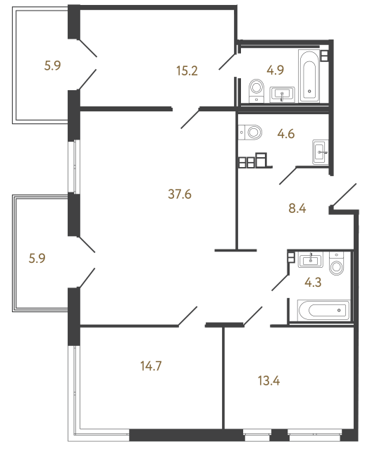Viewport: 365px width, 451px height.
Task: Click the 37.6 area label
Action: pyautogui.click(x=180, y=194)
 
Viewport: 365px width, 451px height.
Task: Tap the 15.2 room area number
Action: pyautogui.click(x=187, y=70)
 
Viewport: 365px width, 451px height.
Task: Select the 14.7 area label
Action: pyautogui.click(x=151, y=366)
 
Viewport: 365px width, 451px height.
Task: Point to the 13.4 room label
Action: pyautogui.click(x=269, y=381)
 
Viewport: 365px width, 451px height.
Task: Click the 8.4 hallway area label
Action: pyautogui.click(x=297, y=209)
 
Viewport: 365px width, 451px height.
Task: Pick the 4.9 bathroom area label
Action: pyautogui.click(x=276, y=70)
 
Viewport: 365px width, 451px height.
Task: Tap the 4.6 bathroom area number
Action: pyautogui.click(x=286, y=134)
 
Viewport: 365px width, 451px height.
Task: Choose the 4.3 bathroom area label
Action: pyautogui.click(x=313, y=282)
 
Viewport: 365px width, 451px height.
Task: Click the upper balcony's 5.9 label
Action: pyautogui.click(x=53, y=66)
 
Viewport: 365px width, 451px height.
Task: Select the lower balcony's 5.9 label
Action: pyautogui.click(x=37, y=259)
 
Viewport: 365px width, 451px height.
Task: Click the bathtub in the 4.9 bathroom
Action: pyautogui.click(x=309, y=75)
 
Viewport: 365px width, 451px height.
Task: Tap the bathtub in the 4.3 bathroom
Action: pyautogui.click(x=324, y=310)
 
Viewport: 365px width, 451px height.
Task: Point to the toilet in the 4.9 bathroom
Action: pyautogui.click(x=256, y=91)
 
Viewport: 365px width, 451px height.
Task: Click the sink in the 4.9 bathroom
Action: pyautogui.click(x=282, y=94)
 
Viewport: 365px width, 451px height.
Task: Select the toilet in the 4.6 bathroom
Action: pyautogui.click(x=250, y=132)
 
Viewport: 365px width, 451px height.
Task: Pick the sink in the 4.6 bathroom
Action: pyautogui.click(x=321, y=152)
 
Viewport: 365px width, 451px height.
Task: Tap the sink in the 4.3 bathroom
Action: pyautogui.click(x=310, y=260)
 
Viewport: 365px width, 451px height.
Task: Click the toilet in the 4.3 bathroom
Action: pyautogui.click(x=337, y=264)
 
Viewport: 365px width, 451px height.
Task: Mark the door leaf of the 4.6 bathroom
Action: pyautogui.click(x=288, y=175)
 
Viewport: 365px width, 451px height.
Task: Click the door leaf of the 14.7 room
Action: pyautogui.click(x=188, y=316)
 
